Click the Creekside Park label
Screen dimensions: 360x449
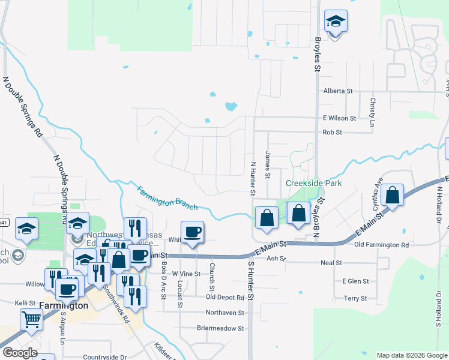(313, 183)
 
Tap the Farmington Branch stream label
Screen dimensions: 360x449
(167, 198)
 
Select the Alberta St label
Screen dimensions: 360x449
(338, 91)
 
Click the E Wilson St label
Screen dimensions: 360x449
(339, 118)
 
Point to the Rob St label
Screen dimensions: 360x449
(332, 132)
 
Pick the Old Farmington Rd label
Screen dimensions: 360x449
(382, 245)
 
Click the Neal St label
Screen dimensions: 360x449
(331, 263)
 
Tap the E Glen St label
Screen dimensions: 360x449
(355, 281)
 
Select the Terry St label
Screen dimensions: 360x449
(355, 298)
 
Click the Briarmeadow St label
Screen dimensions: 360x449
(220, 328)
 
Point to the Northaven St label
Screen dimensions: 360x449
(224, 313)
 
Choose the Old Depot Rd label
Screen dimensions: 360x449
(224, 297)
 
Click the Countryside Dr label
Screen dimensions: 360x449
(105, 357)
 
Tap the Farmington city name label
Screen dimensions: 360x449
(64, 305)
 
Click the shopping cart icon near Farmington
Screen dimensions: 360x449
(32, 320)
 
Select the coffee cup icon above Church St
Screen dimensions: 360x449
(192, 232)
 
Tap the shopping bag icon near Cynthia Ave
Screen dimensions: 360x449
(391, 195)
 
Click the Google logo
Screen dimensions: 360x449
(20, 353)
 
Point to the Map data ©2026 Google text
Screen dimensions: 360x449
(412, 355)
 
